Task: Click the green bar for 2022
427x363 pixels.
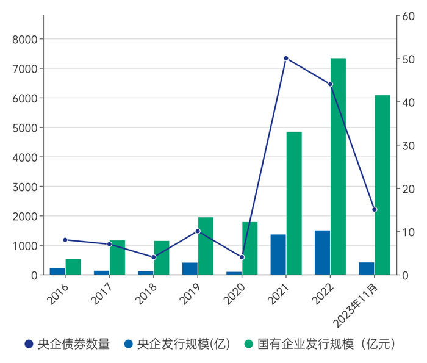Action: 338,167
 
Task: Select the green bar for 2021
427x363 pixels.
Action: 294,203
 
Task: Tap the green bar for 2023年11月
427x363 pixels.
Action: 382,185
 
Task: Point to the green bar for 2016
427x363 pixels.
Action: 73,267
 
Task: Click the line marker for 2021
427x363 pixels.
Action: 286,59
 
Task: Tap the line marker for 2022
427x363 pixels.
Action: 330,84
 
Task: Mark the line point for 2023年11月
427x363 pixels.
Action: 375,209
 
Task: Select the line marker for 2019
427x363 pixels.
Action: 198,231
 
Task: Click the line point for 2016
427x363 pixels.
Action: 65,240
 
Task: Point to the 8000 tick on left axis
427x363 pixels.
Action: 25,39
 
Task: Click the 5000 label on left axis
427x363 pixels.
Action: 25,128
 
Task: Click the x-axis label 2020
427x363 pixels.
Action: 235,293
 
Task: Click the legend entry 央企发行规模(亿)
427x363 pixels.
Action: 178,344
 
